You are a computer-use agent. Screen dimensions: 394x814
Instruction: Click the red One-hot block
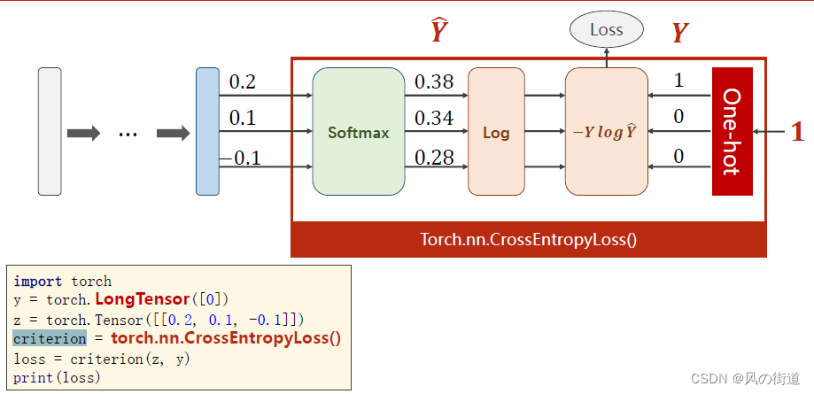pos(732,131)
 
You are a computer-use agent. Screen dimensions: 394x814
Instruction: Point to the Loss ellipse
pos(606,30)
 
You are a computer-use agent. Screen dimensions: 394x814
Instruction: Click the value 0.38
pos(434,82)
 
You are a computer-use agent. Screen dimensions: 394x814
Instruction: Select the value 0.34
pos(434,119)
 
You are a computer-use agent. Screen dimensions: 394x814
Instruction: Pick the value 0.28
pos(434,158)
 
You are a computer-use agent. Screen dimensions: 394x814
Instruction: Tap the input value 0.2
pos(242,82)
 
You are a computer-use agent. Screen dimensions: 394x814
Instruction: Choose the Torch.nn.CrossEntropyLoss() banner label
pos(529,239)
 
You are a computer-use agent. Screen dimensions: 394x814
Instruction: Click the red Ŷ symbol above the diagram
pos(438,32)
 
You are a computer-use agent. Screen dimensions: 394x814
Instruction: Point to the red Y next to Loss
pos(679,34)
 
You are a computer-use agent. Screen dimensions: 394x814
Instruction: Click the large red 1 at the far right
pos(797,132)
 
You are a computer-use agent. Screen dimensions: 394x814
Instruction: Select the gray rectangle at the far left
pos(50,131)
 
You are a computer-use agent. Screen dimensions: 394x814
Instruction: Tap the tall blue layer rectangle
pos(207,131)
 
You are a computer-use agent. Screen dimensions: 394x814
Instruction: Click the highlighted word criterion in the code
pos(50,338)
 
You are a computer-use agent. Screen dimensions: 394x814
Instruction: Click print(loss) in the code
pos(57,377)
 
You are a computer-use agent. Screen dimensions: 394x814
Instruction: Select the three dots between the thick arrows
pos(128,134)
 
